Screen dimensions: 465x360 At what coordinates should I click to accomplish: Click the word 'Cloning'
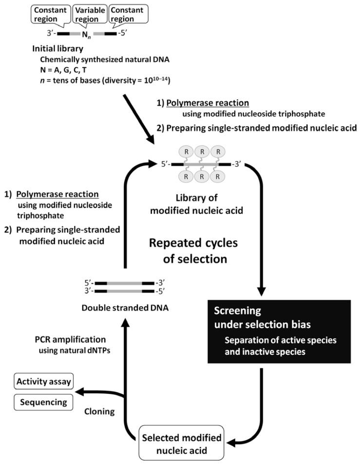tap(98, 411)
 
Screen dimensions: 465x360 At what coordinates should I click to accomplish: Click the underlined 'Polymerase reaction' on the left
tap(58, 194)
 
